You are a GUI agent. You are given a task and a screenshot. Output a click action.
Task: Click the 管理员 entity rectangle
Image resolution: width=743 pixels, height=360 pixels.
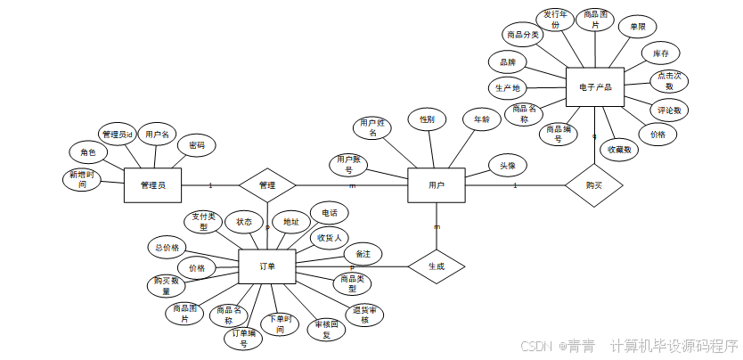(152, 185)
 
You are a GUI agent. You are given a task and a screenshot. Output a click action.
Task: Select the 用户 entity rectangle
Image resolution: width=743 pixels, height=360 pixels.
(436, 185)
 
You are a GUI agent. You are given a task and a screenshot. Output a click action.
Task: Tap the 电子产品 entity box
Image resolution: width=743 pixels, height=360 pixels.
(594, 87)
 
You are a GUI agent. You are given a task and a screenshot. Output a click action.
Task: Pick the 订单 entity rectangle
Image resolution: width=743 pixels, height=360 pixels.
(267, 266)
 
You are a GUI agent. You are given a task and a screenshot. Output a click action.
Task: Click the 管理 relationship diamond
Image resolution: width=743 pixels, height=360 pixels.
(267, 185)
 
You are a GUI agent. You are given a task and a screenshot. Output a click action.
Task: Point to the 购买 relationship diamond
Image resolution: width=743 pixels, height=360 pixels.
(593, 185)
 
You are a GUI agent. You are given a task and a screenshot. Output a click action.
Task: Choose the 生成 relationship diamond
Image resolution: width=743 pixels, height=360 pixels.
(437, 266)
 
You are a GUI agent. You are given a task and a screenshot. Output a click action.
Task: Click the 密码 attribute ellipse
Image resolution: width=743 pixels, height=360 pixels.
(196, 145)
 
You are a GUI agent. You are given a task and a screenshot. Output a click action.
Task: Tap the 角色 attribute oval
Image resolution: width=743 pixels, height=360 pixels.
(88, 153)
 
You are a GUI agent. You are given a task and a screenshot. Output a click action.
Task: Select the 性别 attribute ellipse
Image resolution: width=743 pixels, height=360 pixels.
(427, 119)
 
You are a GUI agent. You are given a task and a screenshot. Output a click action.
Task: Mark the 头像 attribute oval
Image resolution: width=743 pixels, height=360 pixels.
(507, 166)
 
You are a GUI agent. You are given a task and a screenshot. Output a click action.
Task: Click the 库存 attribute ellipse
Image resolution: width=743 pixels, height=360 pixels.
(660, 53)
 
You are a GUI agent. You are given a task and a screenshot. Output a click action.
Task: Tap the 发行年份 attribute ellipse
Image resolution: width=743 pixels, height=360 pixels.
(555, 20)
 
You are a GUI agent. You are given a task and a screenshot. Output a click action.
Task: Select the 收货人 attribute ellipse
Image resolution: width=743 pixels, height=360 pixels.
(327, 238)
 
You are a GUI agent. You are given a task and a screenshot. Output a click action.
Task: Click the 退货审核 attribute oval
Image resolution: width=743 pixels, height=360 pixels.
(366, 315)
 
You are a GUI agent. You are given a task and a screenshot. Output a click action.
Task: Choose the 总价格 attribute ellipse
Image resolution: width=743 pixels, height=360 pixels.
(167, 247)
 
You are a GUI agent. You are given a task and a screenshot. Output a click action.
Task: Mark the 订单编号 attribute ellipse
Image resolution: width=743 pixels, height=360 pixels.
(244, 339)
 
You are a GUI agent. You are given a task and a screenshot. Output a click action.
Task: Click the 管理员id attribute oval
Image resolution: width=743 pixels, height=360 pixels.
(117, 135)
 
